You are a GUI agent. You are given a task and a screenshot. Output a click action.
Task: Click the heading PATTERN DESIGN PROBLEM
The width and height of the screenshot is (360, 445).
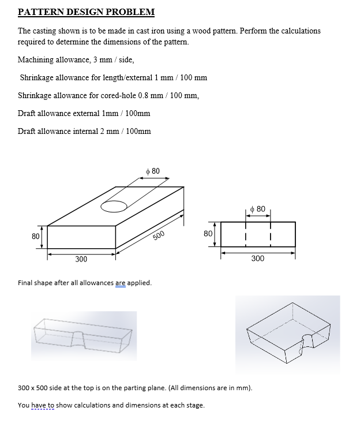click(86, 12)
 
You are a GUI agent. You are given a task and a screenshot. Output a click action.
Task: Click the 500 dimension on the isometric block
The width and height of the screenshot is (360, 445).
click(159, 234)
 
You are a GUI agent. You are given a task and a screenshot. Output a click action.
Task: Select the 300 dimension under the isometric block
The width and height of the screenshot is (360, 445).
click(81, 259)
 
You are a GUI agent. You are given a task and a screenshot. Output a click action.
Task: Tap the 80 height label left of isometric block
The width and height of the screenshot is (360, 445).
click(35, 236)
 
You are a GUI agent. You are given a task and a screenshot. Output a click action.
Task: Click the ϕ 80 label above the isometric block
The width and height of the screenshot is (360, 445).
click(153, 171)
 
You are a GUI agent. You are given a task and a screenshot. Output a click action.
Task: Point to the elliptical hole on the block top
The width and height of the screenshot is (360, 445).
click(114, 205)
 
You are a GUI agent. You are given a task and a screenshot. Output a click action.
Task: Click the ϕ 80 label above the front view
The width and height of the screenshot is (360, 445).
click(258, 208)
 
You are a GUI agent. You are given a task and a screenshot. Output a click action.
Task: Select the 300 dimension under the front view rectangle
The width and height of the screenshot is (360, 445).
click(258, 258)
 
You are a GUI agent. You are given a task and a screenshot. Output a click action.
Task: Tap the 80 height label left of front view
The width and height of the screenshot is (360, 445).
click(208, 233)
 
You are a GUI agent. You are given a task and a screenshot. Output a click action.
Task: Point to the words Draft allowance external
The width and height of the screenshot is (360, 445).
click(57, 113)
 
